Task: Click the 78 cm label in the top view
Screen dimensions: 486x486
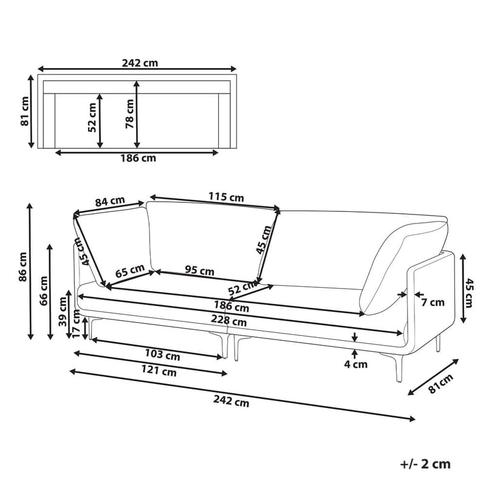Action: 129,114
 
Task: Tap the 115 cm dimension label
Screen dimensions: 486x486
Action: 226,197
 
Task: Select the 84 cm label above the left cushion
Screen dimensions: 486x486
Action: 110,201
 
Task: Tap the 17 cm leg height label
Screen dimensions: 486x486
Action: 76,324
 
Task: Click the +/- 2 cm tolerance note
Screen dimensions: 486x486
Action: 426,464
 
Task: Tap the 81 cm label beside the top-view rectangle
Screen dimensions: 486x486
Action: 25,111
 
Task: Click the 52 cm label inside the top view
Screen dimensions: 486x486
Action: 92,117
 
